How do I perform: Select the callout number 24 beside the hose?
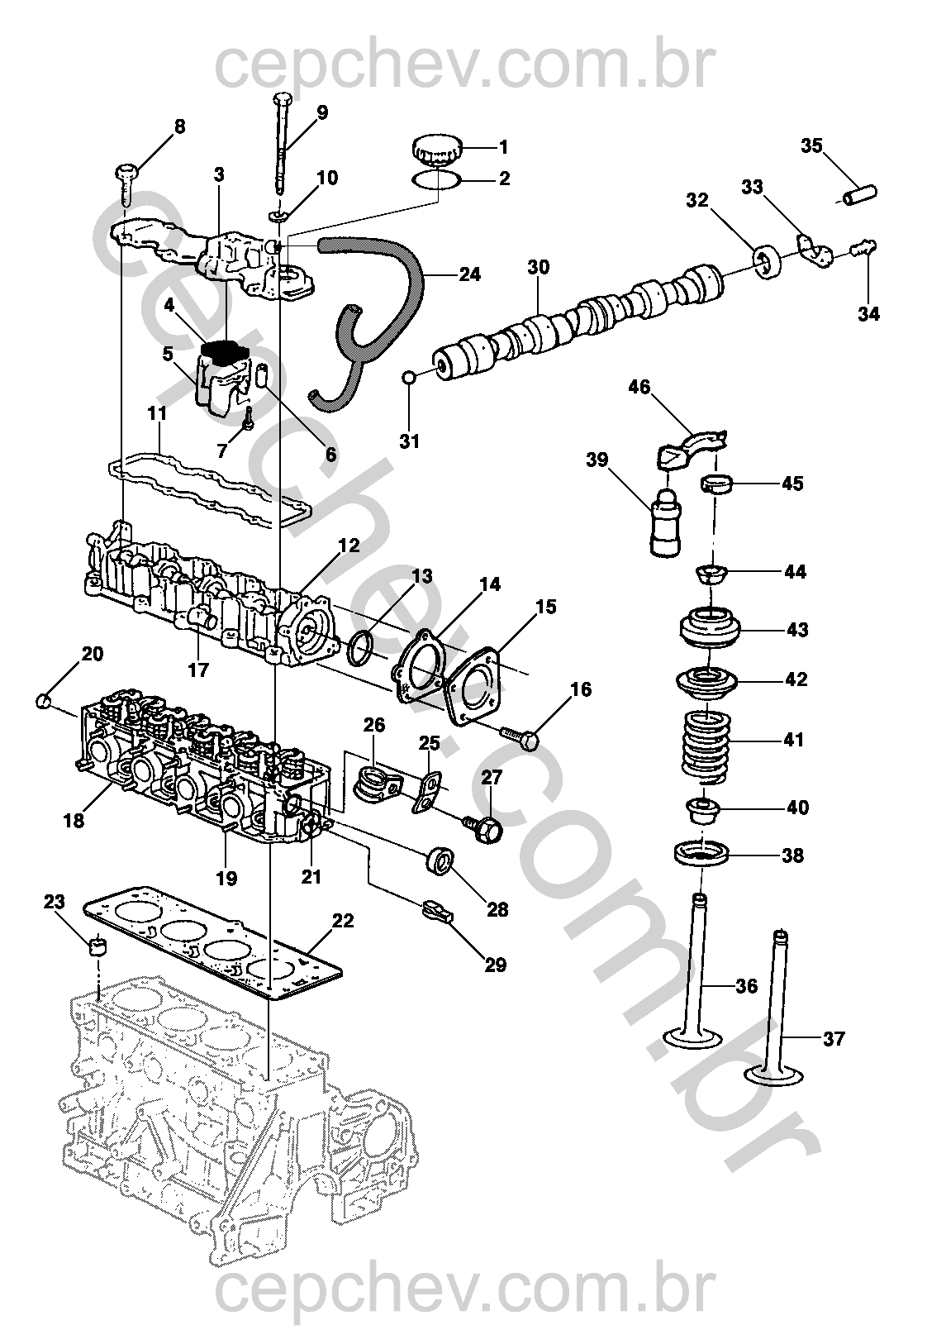pos(469,274)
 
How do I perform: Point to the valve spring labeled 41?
pos(705,746)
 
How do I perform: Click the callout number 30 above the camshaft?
pos(538,268)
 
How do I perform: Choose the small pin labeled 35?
pos(859,195)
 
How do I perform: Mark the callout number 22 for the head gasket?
pos(342,920)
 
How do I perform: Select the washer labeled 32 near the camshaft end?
pos(768,260)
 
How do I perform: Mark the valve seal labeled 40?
pos(703,810)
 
